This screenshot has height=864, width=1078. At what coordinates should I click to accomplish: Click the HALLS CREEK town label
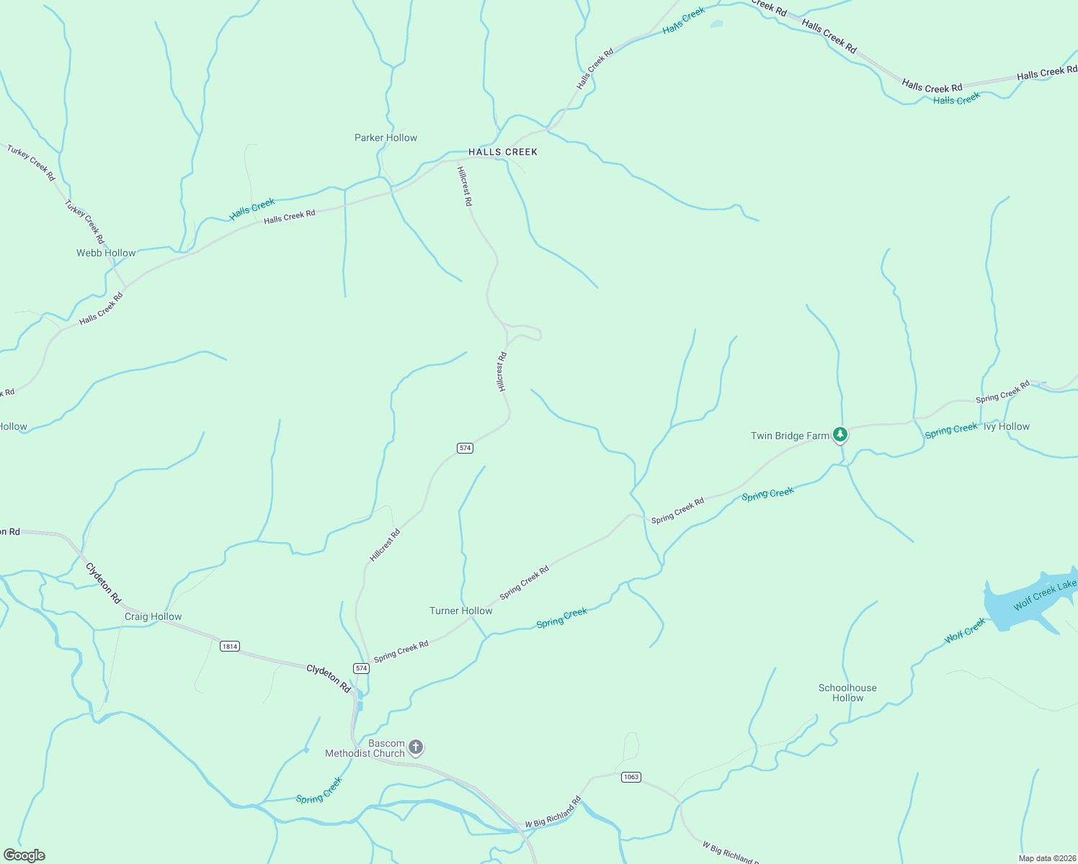(503, 152)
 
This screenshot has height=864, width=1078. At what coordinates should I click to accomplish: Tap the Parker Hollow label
(386, 138)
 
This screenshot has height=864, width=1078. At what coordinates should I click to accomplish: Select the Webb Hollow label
(106, 253)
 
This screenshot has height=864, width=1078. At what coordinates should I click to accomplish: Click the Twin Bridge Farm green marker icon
(839, 435)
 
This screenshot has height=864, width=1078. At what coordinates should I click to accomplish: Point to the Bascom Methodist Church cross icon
(416, 747)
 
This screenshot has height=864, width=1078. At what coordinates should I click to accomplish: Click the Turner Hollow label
(461, 611)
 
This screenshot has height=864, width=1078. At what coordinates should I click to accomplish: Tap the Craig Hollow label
(153, 616)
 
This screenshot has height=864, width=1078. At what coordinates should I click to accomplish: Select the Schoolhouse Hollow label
(847, 693)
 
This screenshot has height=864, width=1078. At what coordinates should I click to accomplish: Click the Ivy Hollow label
(1007, 426)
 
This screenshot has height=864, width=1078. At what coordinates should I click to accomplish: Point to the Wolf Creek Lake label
(1045, 594)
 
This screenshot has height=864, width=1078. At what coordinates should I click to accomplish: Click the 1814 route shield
(230, 646)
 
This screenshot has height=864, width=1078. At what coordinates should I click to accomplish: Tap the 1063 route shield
(631, 777)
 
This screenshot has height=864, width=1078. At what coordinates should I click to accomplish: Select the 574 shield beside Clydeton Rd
(361, 668)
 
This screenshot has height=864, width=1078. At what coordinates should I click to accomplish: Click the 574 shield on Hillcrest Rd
(465, 448)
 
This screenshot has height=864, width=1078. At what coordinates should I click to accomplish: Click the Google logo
(24, 855)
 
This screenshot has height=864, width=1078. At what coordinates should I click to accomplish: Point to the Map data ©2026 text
(1046, 858)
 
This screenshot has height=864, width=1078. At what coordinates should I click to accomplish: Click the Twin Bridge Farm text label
(790, 436)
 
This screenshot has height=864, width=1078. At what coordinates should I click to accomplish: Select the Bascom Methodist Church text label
(365, 748)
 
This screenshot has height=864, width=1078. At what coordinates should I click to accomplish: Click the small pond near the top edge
(716, 24)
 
